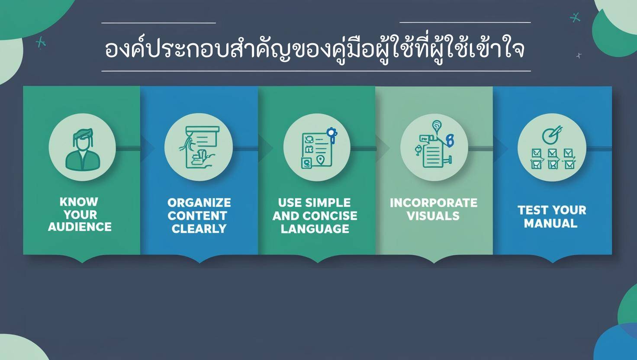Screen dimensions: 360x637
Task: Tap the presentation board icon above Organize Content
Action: click(x=199, y=147)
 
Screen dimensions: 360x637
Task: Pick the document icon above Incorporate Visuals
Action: click(x=434, y=147)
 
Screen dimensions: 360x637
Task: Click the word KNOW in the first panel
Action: click(x=79, y=202)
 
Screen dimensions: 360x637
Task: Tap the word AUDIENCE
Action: click(x=80, y=227)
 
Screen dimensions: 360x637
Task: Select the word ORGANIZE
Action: click(x=199, y=202)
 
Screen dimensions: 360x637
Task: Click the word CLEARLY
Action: click(x=199, y=229)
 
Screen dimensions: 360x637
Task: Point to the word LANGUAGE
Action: click(x=315, y=229)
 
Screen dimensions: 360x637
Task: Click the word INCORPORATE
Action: click(x=434, y=203)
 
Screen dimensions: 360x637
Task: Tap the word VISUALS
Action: click(x=433, y=216)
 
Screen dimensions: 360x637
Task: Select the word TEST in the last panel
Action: click(x=533, y=210)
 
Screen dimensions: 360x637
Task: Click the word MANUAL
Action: click(x=551, y=224)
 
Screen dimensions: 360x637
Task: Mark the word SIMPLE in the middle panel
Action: click(x=328, y=202)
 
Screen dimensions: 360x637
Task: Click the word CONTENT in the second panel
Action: click(x=197, y=216)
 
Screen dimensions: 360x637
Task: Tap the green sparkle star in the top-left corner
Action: click(x=41, y=42)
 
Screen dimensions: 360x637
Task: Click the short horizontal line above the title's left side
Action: click(x=158, y=22)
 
